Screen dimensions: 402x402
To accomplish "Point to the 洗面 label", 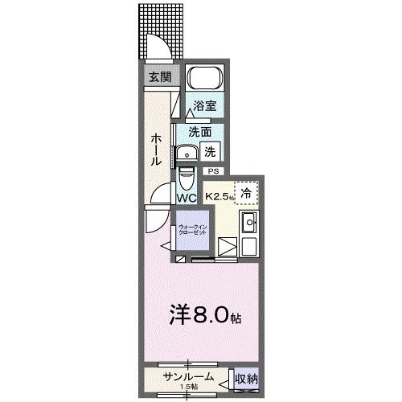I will [x=199, y=132].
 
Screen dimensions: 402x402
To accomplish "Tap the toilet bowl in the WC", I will [x=187, y=176].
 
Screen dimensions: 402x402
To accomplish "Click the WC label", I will [x=187, y=198].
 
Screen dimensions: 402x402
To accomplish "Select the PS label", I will [x=213, y=171].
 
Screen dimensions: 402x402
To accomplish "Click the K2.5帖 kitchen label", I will [x=219, y=196].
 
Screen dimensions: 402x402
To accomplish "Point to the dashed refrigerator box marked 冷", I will [x=247, y=193].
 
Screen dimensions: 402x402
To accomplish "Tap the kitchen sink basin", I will [x=248, y=223].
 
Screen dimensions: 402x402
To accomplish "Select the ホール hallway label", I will [x=156, y=150].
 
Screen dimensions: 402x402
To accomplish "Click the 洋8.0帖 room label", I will [x=203, y=315].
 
